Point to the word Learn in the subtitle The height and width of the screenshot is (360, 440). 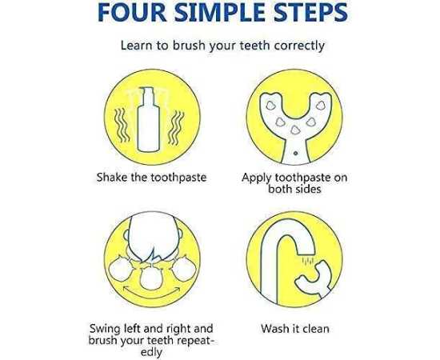[136, 46]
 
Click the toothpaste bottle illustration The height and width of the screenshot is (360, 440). [149, 119]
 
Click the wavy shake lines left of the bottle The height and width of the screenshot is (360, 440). [122, 126]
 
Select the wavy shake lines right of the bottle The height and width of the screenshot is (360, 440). [176, 128]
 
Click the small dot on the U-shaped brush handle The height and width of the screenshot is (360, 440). [295, 153]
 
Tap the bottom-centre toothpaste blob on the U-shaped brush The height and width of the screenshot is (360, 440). [294, 130]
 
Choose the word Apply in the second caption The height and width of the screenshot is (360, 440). [257, 178]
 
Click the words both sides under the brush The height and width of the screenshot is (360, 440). [294, 189]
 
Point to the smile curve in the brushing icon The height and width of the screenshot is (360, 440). [152, 293]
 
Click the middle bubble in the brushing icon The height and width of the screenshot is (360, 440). [151, 278]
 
